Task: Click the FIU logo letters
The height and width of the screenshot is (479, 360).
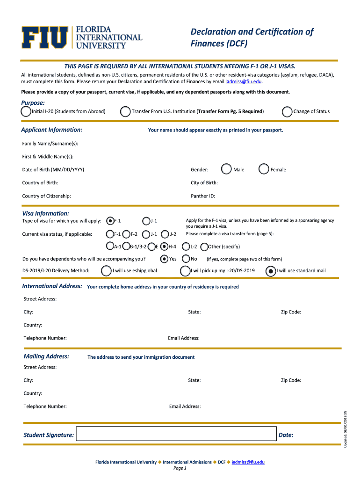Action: click(x=44, y=37)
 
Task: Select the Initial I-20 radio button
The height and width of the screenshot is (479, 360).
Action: click(x=26, y=111)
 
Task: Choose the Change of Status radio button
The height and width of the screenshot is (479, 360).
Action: click(x=288, y=111)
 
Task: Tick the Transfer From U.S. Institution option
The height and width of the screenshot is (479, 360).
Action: click(x=125, y=111)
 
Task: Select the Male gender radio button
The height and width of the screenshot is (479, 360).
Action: click(x=227, y=169)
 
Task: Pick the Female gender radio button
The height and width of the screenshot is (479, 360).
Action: click(x=264, y=169)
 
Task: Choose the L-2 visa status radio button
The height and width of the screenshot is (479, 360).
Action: click(x=187, y=247)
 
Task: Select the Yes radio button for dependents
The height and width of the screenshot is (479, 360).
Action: click(x=164, y=259)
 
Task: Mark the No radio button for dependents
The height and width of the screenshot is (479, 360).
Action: click(x=186, y=259)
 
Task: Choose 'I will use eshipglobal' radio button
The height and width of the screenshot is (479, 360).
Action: click(x=107, y=270)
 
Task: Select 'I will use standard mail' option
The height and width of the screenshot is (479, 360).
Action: click(x=271, y=270)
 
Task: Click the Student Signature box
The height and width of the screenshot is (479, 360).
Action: click(x=175, y=435)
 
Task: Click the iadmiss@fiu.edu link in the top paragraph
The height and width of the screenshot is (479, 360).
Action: click(x=243, y=81)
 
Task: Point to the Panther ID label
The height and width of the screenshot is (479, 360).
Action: click(x=203, y=196)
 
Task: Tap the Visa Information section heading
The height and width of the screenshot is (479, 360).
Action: click(x=46, y=213)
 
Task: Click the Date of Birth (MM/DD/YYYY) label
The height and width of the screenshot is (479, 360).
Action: click(x=53, y=170)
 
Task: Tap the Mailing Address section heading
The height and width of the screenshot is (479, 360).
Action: click(x=46, y=356)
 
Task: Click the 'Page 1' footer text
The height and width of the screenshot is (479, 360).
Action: click(x=180, y=468)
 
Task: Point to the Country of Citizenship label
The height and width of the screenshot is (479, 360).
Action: click(x=47, y=196)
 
